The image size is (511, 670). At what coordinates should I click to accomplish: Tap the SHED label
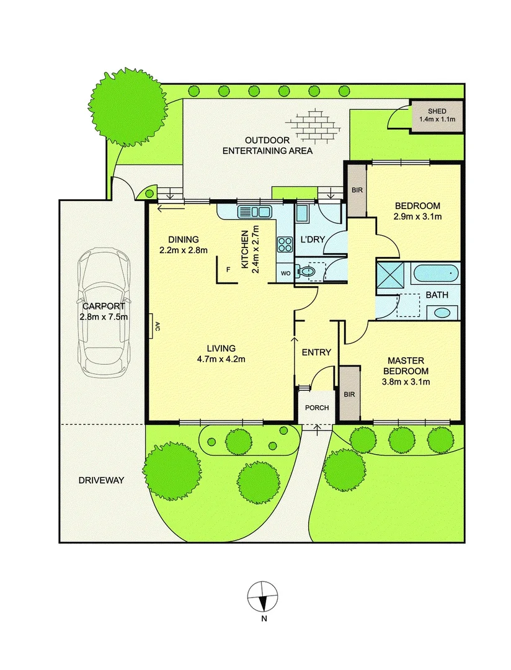click(x=437, y=111)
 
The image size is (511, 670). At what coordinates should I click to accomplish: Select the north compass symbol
click(x=264, y=597)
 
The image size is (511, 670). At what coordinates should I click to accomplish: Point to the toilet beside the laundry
click(x=306, y=271)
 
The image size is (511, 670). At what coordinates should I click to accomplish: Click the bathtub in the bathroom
click(x=437, y=272)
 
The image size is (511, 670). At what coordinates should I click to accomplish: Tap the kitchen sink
click(x=255, y=212)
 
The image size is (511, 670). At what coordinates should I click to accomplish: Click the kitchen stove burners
click(x=285, y=244)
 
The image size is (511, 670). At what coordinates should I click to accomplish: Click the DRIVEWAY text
click(x=102, y=480)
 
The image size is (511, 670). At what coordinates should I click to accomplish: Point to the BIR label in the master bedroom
click(x=349, y=393)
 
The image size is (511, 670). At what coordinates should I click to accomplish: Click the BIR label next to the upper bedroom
click(x=356, y=190)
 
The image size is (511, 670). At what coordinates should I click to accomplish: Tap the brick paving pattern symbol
click(x=318, y=124)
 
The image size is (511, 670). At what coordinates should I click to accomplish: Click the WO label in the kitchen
click(x=285, y=272)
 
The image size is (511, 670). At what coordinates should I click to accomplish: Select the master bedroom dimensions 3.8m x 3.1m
click(x=406, y=382)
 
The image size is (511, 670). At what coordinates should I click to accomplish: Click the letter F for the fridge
click(x=229, y=269)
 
